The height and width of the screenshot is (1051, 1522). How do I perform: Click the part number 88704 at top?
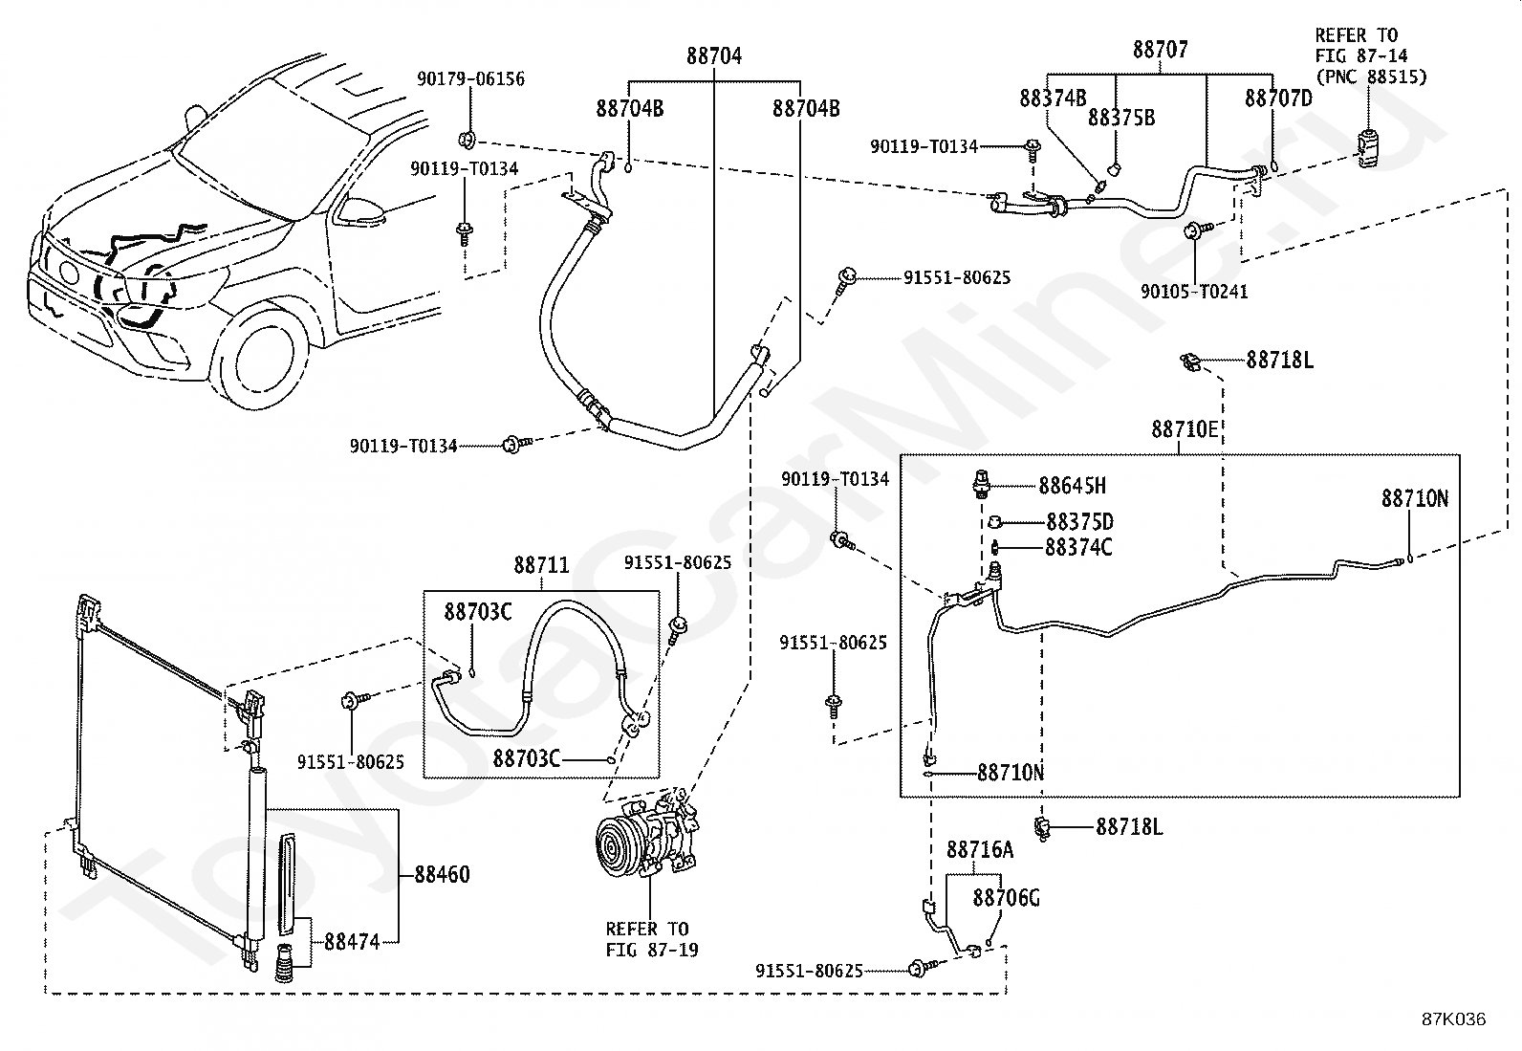[714, 55]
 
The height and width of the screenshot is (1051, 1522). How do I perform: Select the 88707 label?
[1161, 50]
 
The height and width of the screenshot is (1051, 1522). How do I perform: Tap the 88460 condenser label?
[443, 874]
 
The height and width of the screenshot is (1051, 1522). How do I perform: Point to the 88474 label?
[352, 942]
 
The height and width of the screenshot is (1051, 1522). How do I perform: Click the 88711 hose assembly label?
[541, 565]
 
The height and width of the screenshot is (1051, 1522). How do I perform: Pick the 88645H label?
[1073, 486]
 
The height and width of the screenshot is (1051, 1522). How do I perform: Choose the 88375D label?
[1080, 522]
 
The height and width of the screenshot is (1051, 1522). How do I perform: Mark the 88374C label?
[1079, 547]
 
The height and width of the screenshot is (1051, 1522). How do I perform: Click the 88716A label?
[980, 849]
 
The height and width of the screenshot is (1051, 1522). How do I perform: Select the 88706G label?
[1007, 898]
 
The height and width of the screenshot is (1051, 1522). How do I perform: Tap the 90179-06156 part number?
[471, 78]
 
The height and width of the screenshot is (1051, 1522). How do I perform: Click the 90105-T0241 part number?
[1194, 292]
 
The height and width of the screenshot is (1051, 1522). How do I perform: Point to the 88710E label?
[1185, 429]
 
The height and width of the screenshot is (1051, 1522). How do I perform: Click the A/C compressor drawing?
[647, 834]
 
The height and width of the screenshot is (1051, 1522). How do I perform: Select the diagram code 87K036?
[1454, 1019]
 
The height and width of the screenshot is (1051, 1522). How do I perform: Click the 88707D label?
[1279, 99]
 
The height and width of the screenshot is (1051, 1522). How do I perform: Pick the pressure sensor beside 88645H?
[980, 484]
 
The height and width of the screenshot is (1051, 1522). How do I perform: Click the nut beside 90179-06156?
[467, 140]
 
